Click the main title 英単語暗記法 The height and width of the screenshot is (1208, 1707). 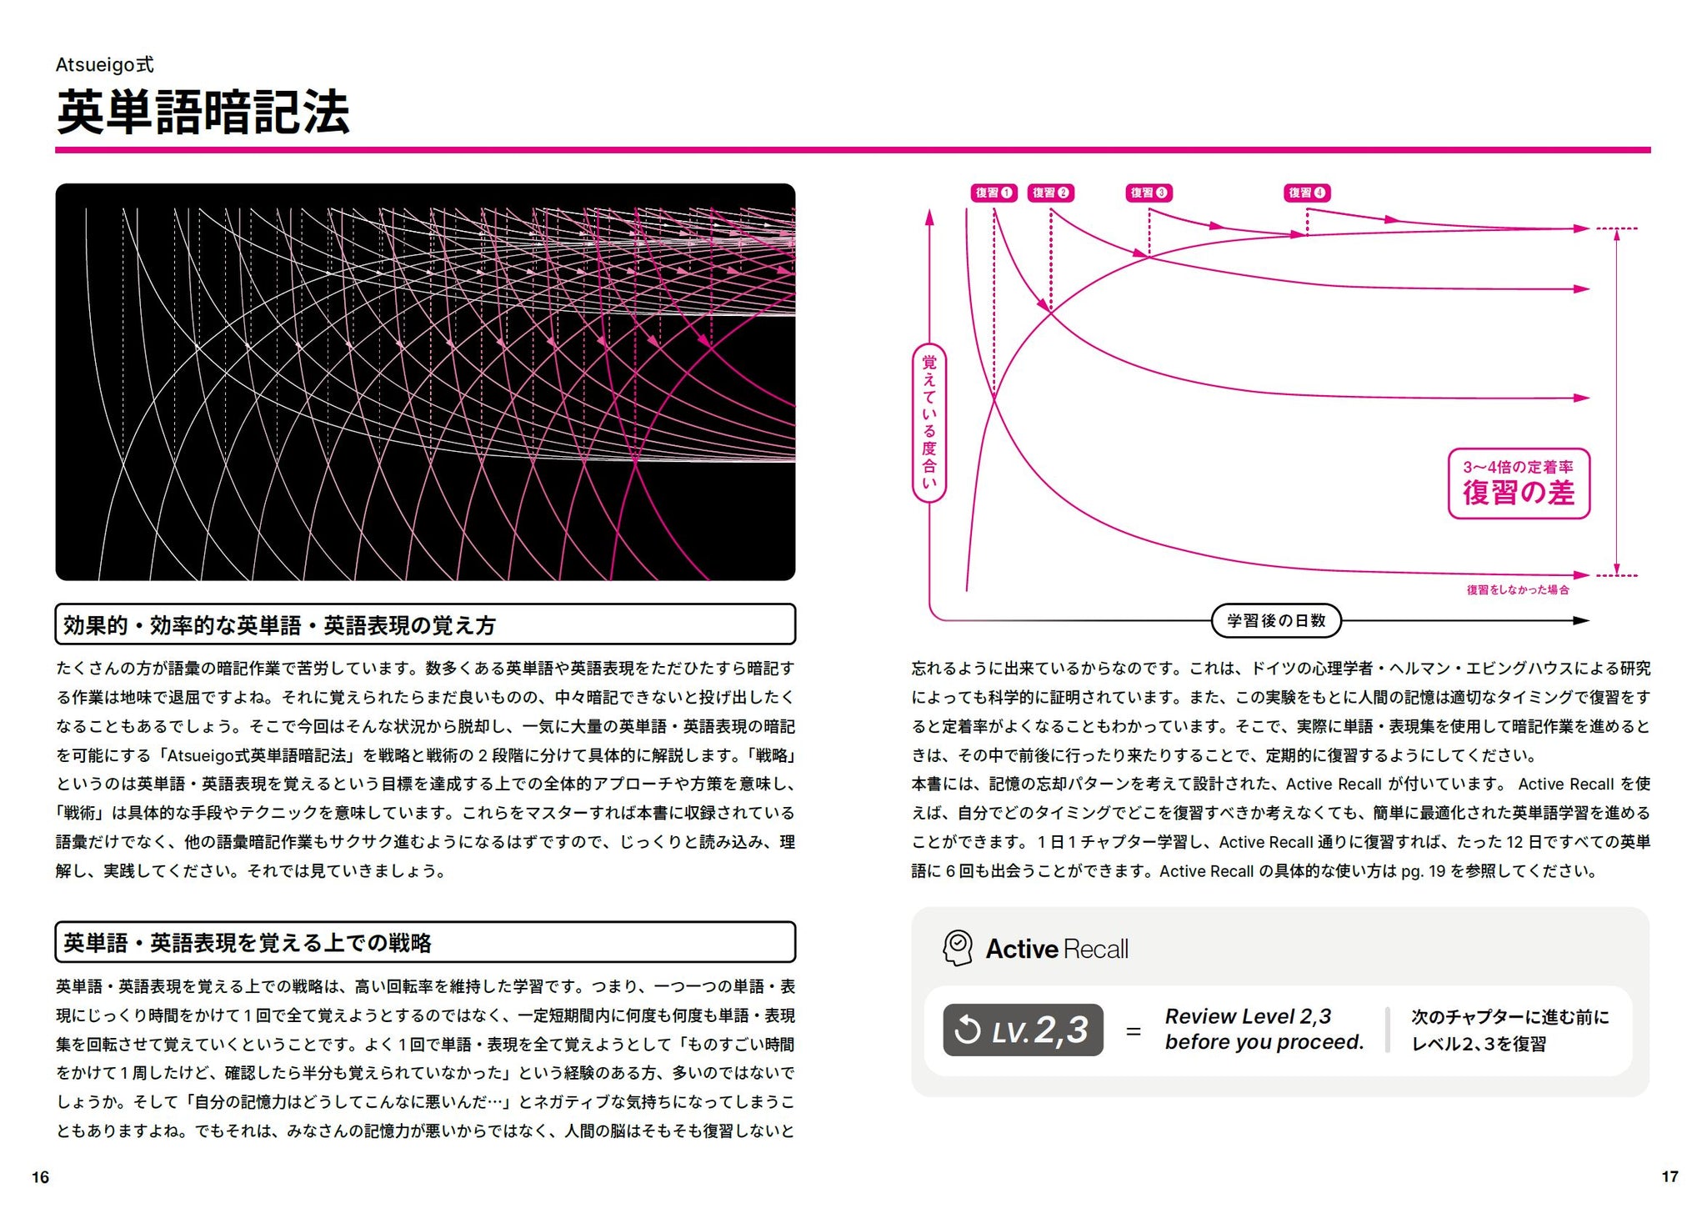[203, 113]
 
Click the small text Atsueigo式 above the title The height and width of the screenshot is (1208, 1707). [104, 65]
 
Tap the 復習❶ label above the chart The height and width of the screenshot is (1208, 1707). [994, 193]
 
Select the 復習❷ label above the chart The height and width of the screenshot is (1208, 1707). [1050, 193]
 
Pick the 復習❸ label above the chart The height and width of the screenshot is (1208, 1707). [1149, 193]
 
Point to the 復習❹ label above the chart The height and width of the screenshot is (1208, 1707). [1307, 193]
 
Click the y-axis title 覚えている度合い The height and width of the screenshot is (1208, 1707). [929, 423]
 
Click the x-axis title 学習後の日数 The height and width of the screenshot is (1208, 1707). [1275, 621]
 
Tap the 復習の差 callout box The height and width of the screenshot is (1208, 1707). [1519, 484]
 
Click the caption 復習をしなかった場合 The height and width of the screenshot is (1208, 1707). [1518, 590]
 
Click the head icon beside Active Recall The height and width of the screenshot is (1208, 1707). [958, 949]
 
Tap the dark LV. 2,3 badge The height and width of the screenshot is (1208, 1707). [1023, 1030]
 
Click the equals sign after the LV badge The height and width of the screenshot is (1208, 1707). [1134, 1032]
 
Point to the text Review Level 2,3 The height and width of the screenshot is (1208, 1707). [1248, 1016]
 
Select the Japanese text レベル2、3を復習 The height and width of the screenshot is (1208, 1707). [1479, 1044]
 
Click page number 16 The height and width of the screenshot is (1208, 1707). [41, 1177]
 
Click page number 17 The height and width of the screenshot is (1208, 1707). [1669, 1176]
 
